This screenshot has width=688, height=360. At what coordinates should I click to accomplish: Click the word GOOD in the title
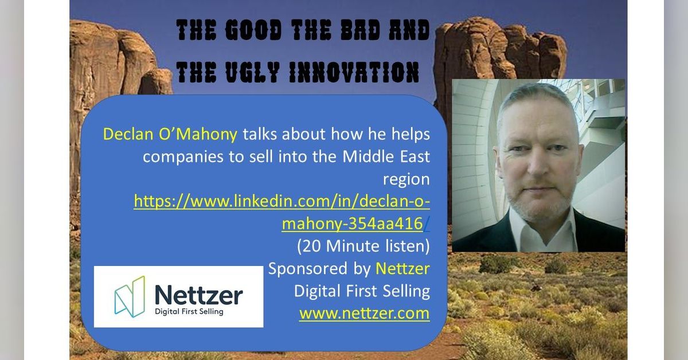click(253, 30)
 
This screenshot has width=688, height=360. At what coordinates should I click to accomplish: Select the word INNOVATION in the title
click(354, 72)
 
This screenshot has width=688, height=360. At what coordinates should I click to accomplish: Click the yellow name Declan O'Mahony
click(170, 134)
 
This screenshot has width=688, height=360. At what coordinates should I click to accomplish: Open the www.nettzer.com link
click(365, 314)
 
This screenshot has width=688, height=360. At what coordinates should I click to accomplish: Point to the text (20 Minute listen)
click(363, 246)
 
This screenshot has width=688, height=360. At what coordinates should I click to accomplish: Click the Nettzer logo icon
click(130, 296)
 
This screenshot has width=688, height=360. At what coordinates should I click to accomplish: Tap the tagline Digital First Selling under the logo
click(189, 311)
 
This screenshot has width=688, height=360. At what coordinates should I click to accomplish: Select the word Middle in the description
click(368, 156)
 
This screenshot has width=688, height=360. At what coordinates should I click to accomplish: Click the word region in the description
click(406, 179)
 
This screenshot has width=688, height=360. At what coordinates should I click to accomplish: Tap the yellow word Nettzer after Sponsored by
click(402, 268)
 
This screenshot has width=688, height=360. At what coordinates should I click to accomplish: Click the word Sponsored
click(308, 269)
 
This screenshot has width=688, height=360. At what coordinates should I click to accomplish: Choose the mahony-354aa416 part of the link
click(352, 224)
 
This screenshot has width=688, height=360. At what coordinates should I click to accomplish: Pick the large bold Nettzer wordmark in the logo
click(199, 294)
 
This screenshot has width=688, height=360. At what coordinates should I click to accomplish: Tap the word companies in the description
click(183, 157)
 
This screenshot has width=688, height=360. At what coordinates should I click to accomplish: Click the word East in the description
click(415, 156)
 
